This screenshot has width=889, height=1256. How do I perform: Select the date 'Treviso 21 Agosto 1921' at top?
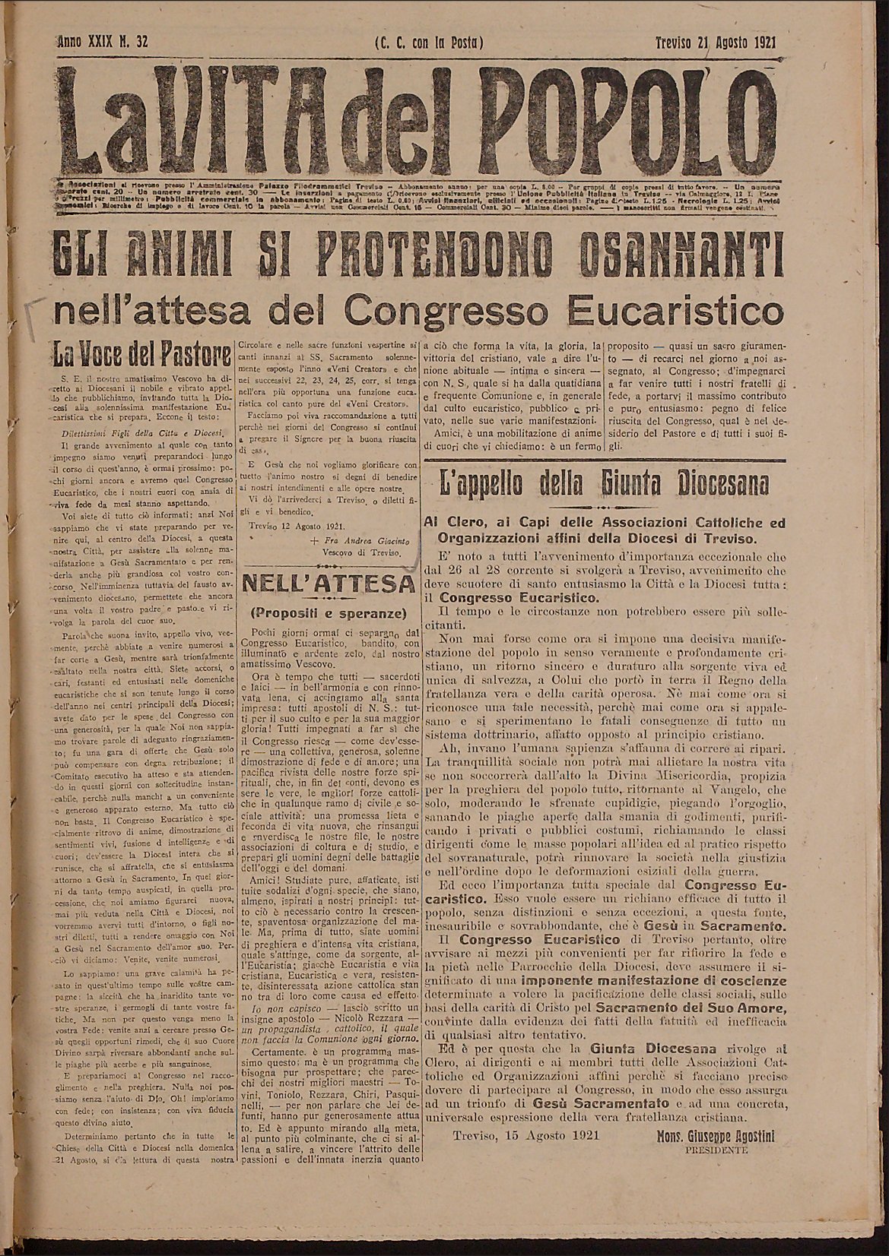point(716,43)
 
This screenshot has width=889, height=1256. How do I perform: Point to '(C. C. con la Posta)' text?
point(429,43)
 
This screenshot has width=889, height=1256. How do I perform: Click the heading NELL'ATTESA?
point(329,585)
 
